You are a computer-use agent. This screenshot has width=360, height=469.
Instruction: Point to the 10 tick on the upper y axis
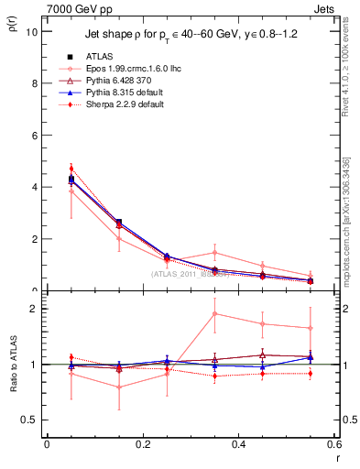click(32, 31)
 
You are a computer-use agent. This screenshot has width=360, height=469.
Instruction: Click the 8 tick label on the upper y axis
click(34, 83)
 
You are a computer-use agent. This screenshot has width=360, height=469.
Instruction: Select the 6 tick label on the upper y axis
click(34, 135)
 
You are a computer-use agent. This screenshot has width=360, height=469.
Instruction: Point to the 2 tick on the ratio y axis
click(34, 309)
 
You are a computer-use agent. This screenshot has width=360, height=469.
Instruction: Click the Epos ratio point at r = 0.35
click(214, 313)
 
